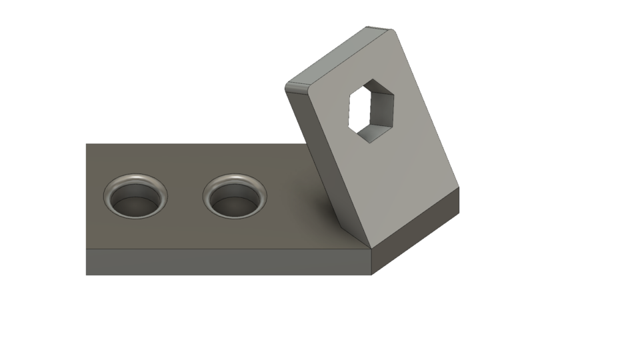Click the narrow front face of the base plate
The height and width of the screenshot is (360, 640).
[x=227, y=261]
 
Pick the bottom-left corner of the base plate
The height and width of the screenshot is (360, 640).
[x=86, y=275]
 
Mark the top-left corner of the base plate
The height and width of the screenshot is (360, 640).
[x=86, y=143]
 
